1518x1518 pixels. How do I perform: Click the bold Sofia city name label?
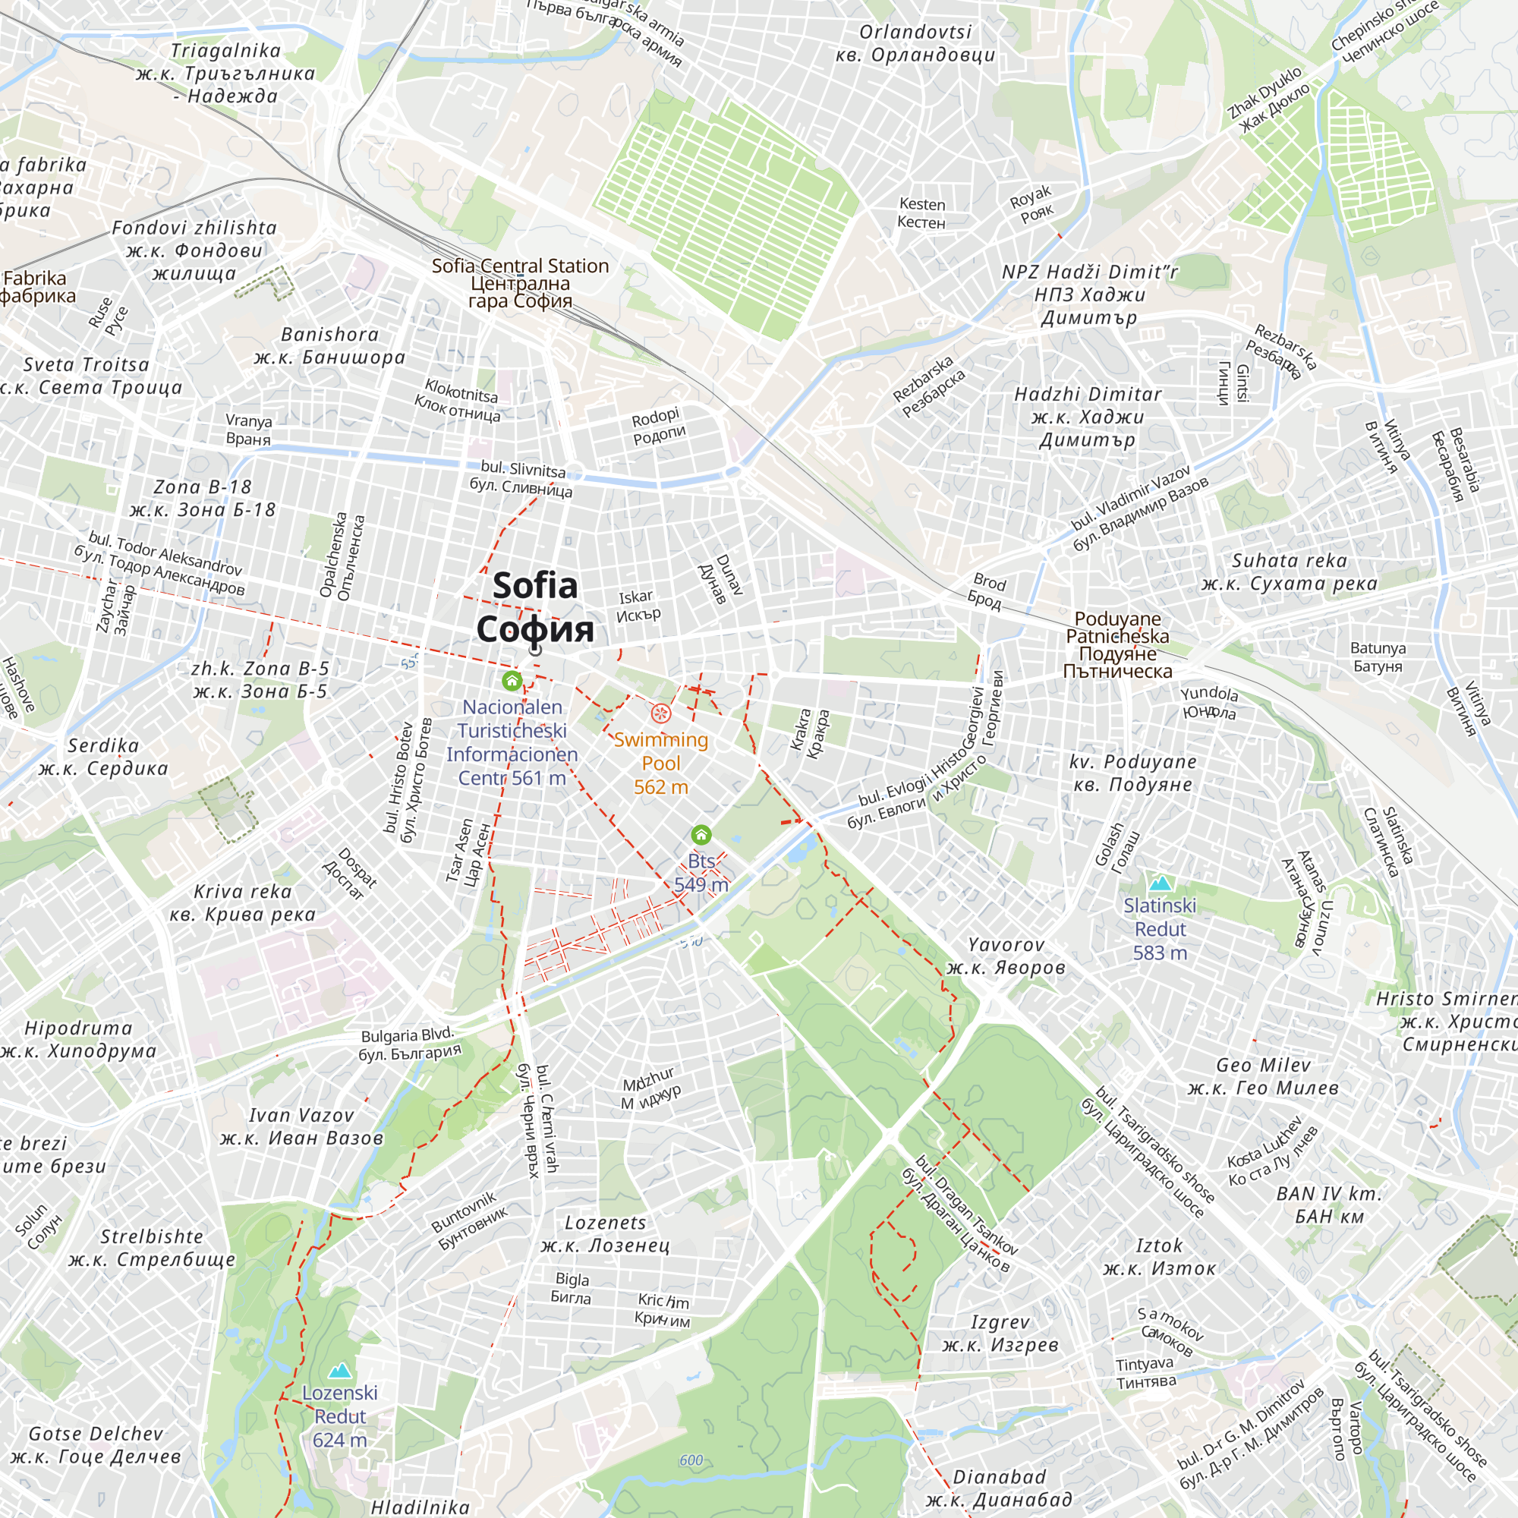point(535,607)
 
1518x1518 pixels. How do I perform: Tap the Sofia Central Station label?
point(520,283)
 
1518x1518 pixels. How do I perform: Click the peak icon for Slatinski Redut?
point(1160,883)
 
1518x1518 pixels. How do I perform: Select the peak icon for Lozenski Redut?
point(339,1370)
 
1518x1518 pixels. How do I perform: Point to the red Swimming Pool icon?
point(661,713)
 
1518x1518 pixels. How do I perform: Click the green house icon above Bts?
point(701,834)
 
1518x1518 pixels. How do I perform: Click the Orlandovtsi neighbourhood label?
point(915,43)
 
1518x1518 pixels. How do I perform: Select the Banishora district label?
point(330,345)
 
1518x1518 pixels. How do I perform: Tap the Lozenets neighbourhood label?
point(605,1233)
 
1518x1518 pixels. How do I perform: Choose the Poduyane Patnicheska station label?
point(1117,644)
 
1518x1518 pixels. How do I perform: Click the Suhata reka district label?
point(1289,572)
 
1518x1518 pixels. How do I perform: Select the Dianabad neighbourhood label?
point(999,1488)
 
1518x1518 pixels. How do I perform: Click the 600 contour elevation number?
point(691,1460)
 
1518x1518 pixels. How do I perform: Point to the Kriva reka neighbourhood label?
point(243,902)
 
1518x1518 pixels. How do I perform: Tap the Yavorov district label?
point(1006,956)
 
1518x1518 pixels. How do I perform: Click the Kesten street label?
point(921,213)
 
